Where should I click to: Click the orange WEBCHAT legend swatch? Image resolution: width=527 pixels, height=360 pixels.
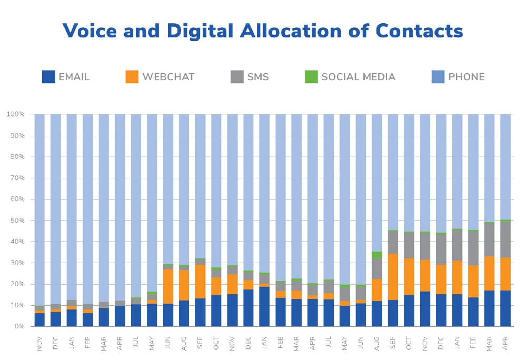coord(132,77)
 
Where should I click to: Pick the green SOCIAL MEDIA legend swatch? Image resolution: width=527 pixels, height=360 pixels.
coord(311,77)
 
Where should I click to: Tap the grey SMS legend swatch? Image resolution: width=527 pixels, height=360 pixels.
coord(237,77)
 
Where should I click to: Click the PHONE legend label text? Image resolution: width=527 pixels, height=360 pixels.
coord(466,77)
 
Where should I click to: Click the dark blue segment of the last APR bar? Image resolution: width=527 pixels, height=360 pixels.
coord(505,308)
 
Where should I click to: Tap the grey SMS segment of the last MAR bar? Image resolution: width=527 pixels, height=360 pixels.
coord(489,240)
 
